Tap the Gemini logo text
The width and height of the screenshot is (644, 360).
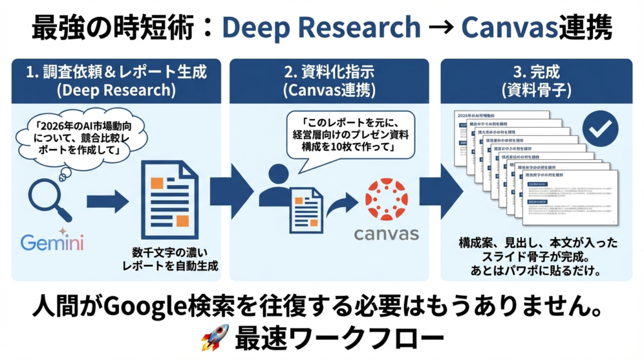(52, 242)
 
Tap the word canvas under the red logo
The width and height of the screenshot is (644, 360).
(386, 235)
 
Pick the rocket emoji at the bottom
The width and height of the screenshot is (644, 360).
(214, 340)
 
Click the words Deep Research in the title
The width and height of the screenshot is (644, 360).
(321, 27)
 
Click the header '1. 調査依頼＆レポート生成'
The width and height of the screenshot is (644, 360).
(116, 71)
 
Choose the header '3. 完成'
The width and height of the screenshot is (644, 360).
(536, 71)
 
